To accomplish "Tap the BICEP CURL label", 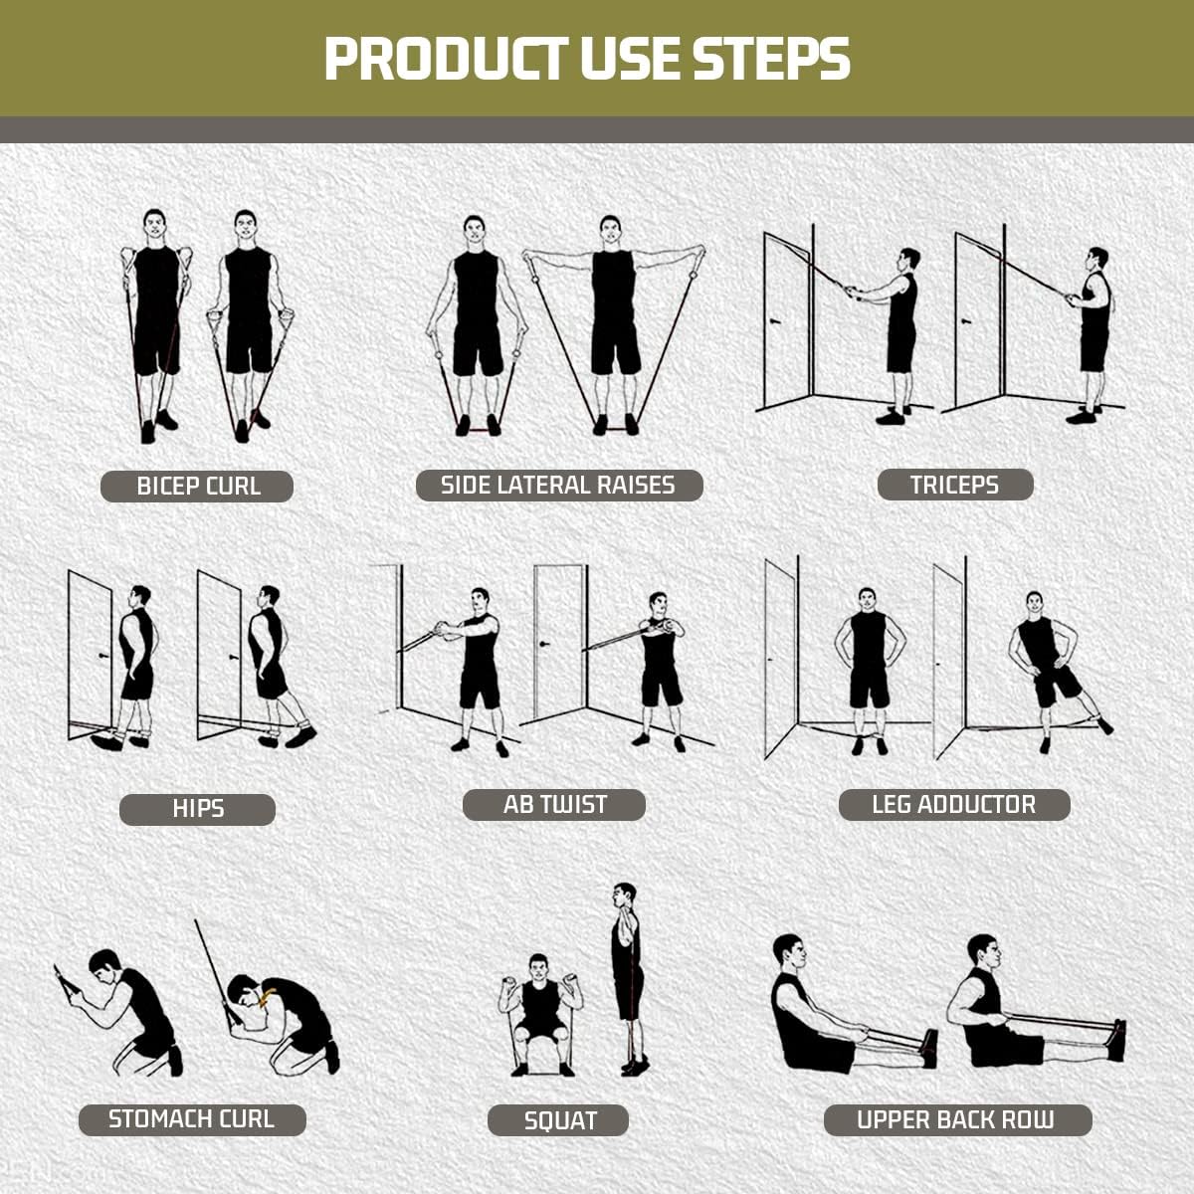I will coord(197,487).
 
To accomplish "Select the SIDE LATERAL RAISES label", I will coord(558,486).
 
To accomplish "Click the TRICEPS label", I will coord(954,485).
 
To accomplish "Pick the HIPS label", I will coord(197,809).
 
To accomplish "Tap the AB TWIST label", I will coord(554,805).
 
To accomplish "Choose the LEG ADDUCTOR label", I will coord(953,805).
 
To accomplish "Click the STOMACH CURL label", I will coord(191,1119).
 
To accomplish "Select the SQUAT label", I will coord(558,1121).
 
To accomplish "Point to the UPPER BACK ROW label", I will coord(956,1120).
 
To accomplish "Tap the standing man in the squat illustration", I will coord(626,975).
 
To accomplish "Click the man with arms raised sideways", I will coord(613,318).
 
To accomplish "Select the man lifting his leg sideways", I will coord(1047,667).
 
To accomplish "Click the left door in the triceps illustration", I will coord(786,318).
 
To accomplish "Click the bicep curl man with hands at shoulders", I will coord(156,318).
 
